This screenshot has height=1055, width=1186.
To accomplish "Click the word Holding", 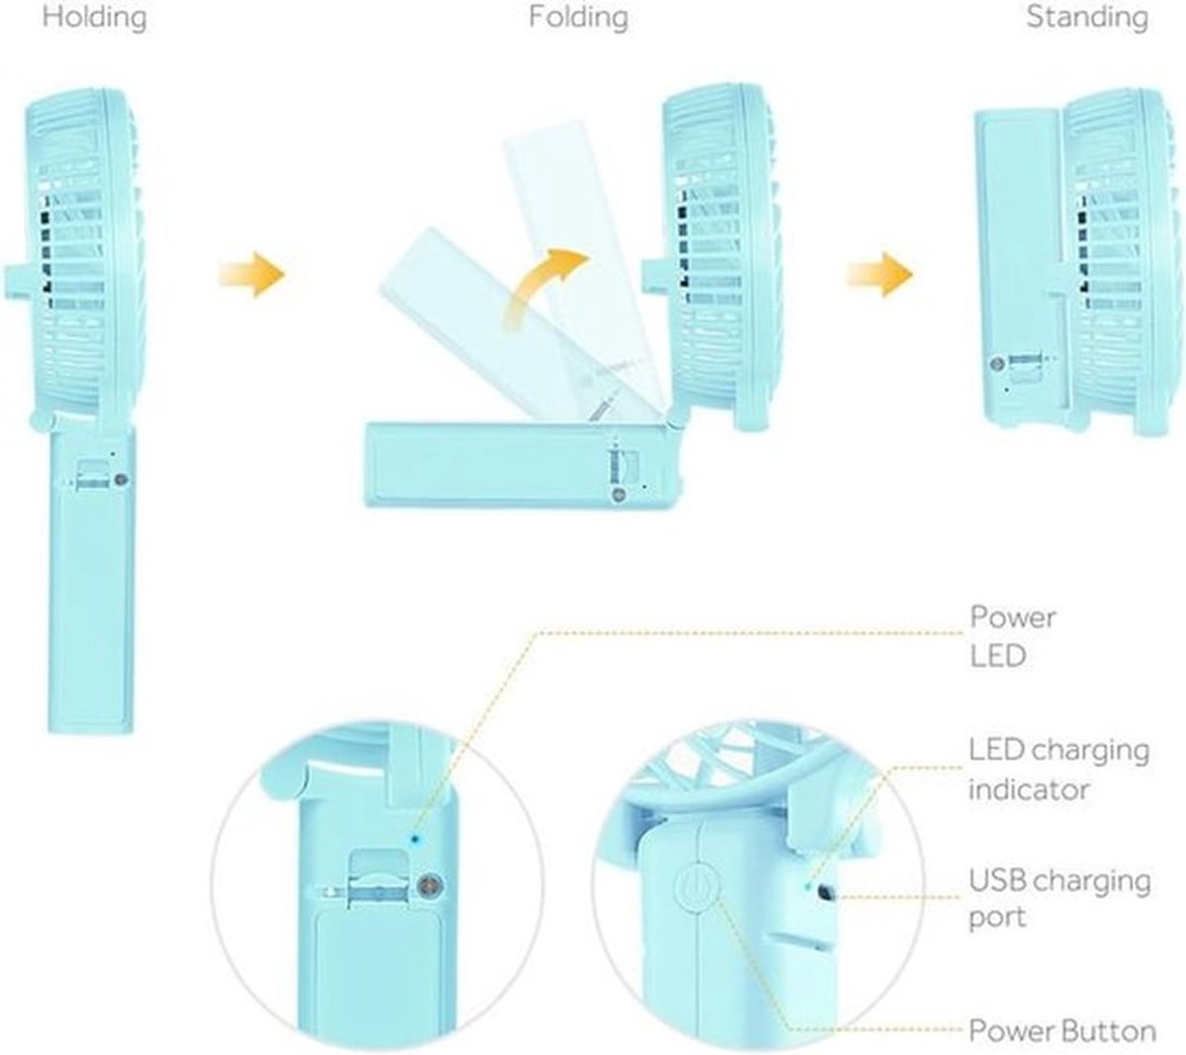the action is pyautogui.click(x=94, y=18).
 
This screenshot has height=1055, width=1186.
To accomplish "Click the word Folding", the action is pyautogui.click(x=578, y=18).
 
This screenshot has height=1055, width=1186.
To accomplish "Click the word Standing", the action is pyautogui.click(x=1087, y=18).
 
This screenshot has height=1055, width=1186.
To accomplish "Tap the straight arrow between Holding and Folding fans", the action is pyautogui.click(x=252, y=275).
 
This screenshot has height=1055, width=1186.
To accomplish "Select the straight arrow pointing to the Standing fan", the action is pyautogui.click(x=881, y=275).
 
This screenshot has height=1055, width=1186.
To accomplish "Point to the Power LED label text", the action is pyautogui.click(x=1013, y=636).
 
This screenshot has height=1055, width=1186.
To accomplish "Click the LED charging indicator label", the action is pyautogui.click(x=1059, y=770).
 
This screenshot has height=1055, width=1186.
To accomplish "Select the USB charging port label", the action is pyautogui.click(x=1059, y=898).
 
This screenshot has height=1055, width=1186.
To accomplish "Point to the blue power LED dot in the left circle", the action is pyautogui.click(x=416, y=840).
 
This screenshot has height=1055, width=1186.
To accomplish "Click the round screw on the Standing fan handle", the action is pyautogui.click(x=997, y=364).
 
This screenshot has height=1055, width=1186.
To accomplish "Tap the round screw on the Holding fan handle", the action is pyautogui.click(x=122, y=479).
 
